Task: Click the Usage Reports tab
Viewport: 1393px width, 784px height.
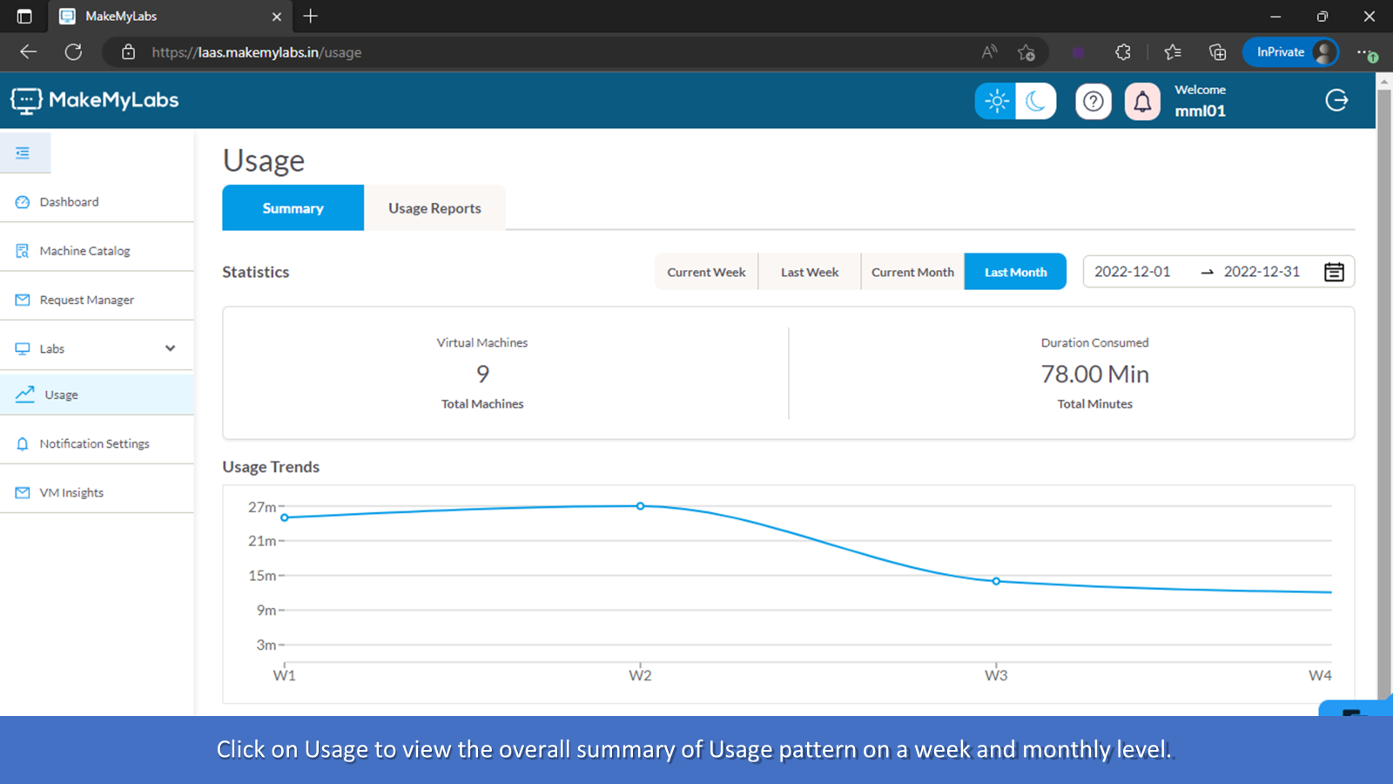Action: pos(434,208)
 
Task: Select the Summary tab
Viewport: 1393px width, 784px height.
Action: pos(293,208)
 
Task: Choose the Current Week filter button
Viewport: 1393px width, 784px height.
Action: pos(706,272)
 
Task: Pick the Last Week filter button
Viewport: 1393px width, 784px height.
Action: pos(810,272)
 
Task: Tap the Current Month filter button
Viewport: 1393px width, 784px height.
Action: pos(912,272)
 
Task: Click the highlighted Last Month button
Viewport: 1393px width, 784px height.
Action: pos(1015,272)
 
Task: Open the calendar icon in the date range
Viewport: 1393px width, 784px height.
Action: pos(1334,272)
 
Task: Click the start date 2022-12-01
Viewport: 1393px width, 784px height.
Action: pos(1132,272)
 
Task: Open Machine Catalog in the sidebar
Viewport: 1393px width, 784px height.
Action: pos(84,251)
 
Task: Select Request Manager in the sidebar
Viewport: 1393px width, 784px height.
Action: pos(86,300)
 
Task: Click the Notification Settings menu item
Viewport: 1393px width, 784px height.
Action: pos(94,443)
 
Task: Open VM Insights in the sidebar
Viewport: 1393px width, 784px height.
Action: pos(71,492)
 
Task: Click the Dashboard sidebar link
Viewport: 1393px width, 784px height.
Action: pos(69,202)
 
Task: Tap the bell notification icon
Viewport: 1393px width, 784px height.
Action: pos(1142,102)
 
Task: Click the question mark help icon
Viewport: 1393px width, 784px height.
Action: pos(1094,102)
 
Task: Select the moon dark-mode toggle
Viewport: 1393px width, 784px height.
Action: pos(1035,101)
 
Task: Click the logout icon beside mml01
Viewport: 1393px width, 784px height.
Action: pos(1336,100)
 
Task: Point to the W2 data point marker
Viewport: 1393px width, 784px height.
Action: pos(640,506)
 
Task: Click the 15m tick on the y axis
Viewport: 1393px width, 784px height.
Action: pos(262,576)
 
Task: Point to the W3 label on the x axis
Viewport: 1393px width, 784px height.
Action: pos(996,676)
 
